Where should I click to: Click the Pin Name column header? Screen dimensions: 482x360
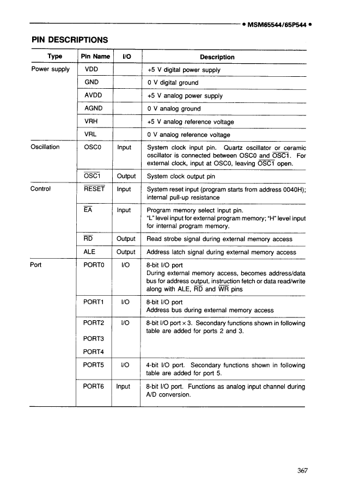(95, 57)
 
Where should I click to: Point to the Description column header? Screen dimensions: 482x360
(217, 57)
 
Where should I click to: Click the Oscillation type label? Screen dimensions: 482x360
(46, 147)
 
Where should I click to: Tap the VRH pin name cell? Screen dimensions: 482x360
(92, 121)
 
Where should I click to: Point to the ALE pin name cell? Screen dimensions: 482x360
(90, 252)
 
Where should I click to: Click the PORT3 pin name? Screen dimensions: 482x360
(94, 338)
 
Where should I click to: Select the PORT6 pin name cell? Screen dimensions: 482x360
(94, 386)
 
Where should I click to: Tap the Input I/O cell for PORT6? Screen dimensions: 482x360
(124, 386)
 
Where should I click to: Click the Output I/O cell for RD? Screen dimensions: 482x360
(126, 239)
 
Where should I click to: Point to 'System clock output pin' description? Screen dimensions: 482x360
(181, 176)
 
